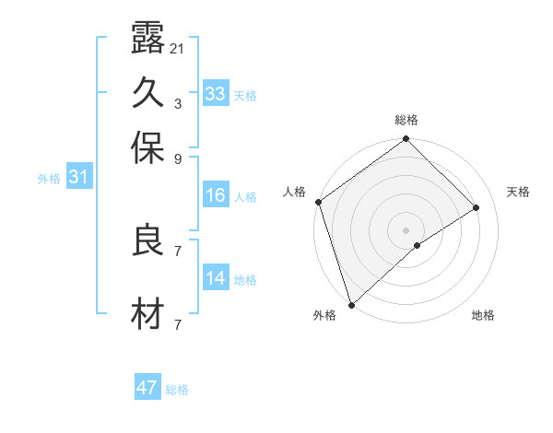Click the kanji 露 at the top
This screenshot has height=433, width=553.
(148, 41)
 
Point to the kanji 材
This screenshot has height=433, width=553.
(148, 314)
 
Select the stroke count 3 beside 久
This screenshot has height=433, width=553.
(177, 103)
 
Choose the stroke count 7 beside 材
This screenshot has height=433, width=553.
(177, 324)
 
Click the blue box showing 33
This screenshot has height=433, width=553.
(216, 94)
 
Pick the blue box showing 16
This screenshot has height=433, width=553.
(216, 195)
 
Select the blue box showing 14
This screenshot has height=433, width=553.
(216, 278)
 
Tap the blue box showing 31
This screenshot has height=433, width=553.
(78, 177)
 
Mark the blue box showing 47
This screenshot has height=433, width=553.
(147, 388)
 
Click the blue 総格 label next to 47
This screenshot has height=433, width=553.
(177, 390)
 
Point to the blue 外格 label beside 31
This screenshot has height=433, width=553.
(49, 179)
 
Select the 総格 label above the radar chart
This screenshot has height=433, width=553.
(406, 120)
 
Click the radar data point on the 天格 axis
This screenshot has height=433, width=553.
(477, 208)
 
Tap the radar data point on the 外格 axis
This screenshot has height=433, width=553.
(351, 303)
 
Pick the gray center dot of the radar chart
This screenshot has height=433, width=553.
(406, 229)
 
